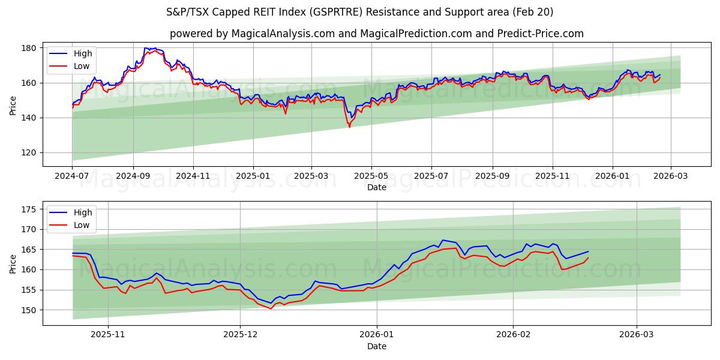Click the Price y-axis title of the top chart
(x=13, y=106)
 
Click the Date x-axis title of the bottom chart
(x=376, y=346)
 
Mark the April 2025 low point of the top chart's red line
(x=349, y=127)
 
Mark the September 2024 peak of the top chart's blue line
(x=146, y=48)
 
